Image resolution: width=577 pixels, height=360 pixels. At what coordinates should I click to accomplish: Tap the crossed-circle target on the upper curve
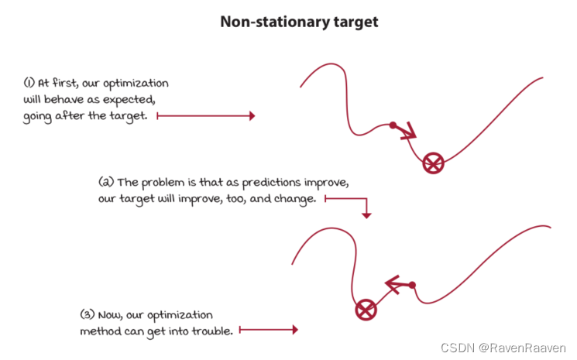tap(433, 163)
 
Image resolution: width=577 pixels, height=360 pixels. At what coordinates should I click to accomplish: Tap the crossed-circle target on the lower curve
tap(366, 311)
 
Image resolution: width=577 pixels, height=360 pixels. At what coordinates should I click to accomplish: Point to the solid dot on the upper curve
tap(393, 125)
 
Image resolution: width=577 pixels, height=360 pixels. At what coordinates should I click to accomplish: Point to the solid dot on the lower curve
tap(412, 286)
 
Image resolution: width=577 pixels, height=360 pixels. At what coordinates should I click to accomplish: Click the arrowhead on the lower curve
tap(391, 285)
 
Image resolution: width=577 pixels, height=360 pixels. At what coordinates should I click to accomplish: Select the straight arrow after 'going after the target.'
tap(205, 116)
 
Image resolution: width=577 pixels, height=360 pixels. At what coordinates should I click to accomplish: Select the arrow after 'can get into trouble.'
tap(268, 330)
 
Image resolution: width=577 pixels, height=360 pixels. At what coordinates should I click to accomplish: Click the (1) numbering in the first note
tap(29, 83)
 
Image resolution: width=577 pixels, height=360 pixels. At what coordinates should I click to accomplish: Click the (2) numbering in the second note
tap(106, 183)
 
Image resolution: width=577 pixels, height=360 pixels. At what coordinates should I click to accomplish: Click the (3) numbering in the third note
tap(87, 315)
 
